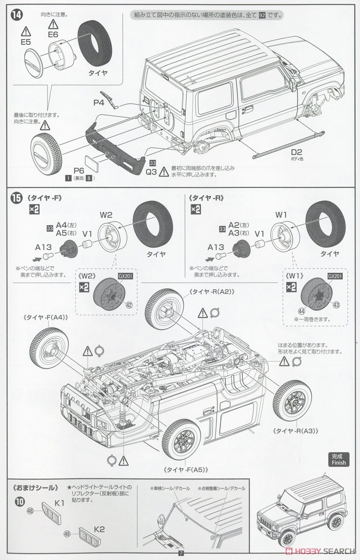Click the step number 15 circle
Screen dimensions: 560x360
click(x=16, y=198)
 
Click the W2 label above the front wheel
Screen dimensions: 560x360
click(x=106, y=215)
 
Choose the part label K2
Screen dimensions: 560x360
click(x=98, y=530)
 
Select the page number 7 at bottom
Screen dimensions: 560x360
click(x=180, y=553)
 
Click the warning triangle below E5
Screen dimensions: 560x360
click(x=26, y=33)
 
